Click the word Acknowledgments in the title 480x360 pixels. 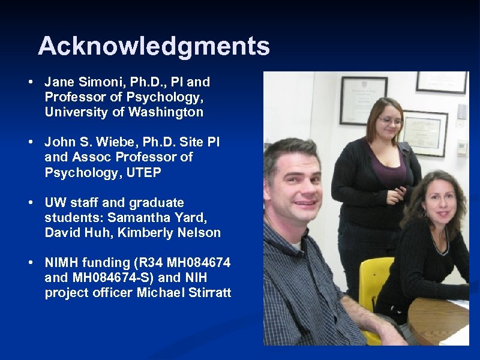point(154,46)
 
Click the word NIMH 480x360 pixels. point(62,263)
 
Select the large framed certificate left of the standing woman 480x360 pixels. point(363,100)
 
